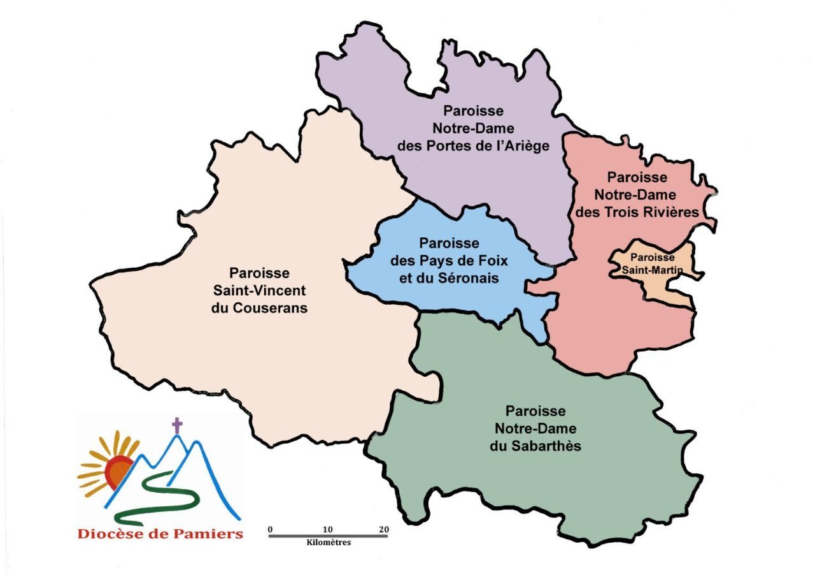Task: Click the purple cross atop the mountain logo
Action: click(177, 425)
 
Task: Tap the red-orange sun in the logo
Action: click(120, 471)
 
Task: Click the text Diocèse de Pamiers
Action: click(160, 534)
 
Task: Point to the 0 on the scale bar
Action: click(270, 529)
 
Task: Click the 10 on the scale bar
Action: click(328, 529)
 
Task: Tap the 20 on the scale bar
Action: click(383, 529)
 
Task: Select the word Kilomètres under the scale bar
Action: click(329, 543)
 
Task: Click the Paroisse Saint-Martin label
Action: click(652, 264)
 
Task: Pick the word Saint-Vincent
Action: click(260, 291)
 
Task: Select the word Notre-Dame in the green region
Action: click(535, 428)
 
